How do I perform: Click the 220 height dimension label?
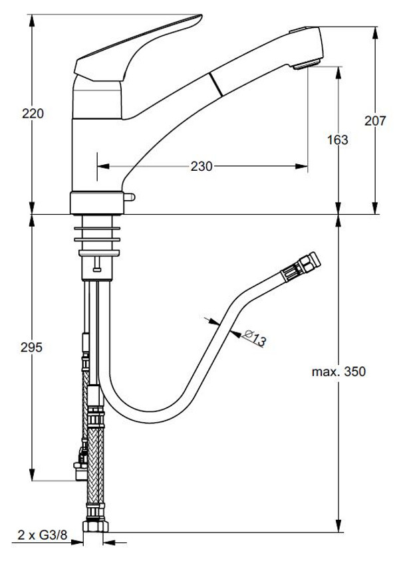[x=33, y=114]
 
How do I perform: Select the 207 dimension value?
[x=376, y=120]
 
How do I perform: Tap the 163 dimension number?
[x=338, y=140]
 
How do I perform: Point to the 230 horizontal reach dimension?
[x=201, y=167]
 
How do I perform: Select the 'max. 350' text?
[x=339, y=372]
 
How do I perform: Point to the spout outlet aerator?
[x=307, y=64]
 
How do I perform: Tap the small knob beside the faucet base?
[x=130, y=198]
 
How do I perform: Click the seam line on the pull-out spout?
[x=214, y=86]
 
